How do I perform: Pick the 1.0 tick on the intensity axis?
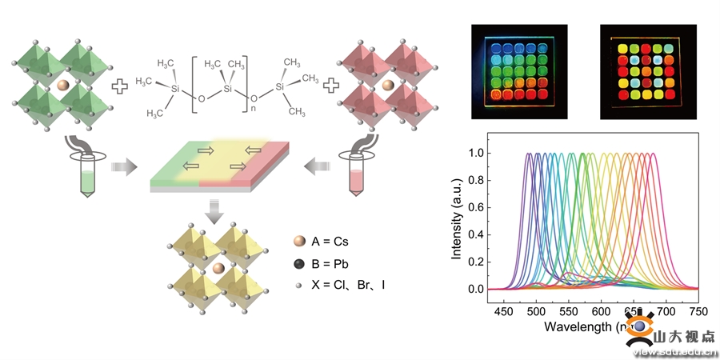(x=478, y=153)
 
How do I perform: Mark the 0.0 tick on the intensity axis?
(x=478, y=289)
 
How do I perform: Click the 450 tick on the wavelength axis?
(x=505, y=310)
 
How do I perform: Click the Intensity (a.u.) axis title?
(x=458, y=222)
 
